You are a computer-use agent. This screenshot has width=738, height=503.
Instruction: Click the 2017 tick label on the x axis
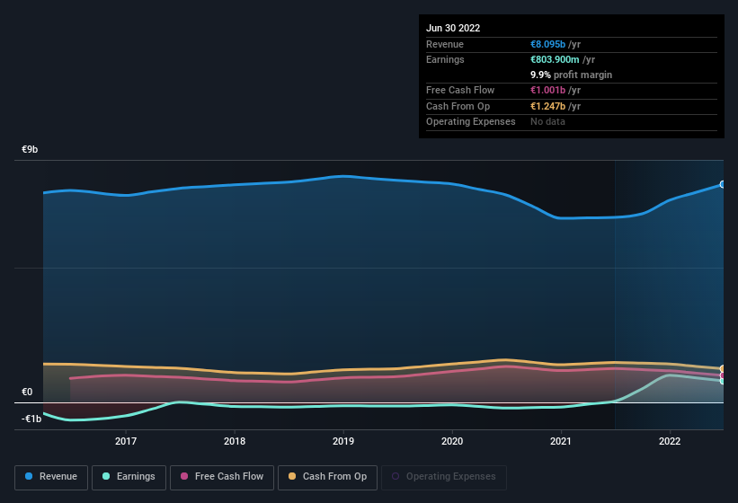pyautogui.click(x=126, y=441)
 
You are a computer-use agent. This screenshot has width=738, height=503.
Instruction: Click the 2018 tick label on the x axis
pyautogui.click(x=235, y=441)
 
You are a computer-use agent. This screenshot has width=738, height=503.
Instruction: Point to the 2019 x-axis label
pyautogui.click(x=343, y=441)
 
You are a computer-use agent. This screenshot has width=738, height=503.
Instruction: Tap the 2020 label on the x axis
pyautogui.click(x=452, y=441)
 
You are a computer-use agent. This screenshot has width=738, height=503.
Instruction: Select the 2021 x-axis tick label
pyautogui.click(x=561, y=441)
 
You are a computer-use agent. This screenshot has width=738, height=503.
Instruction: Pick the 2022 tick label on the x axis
pyautogui.click(x=670, y=441)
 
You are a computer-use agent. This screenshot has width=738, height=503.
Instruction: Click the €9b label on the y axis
pyautogui.click(x=30, y=150)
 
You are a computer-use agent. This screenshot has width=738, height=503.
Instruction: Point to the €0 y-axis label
pyautogui.click(x=27, y=393)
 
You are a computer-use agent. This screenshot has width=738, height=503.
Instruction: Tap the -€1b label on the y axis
pyautogui.click(x=31, y=419)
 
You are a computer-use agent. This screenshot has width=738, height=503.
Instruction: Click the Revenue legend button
pyautogui.click(x=52, y=477)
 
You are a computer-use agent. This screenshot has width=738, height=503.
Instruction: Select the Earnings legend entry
pyautogui.click(x=129, y=477)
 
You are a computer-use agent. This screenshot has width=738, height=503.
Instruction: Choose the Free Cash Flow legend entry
pyautogui.click(x=222, y=477)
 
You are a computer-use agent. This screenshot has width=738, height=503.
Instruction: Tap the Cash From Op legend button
pyautogui.click(x=327, y=477)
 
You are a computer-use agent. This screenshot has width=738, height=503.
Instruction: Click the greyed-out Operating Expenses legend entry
pyautogui.click(x=443, y=477)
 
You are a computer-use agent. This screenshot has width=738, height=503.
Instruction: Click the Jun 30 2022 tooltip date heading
pyautogui.click(x=453, y=28)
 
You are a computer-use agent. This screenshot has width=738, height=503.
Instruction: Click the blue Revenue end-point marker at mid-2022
pyautogui.click(x=723, y=184)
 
